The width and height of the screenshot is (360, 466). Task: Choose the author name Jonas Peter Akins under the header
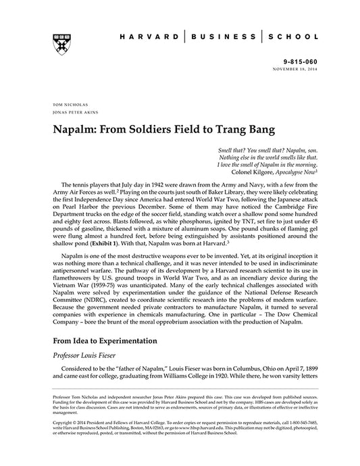point(73,114)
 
